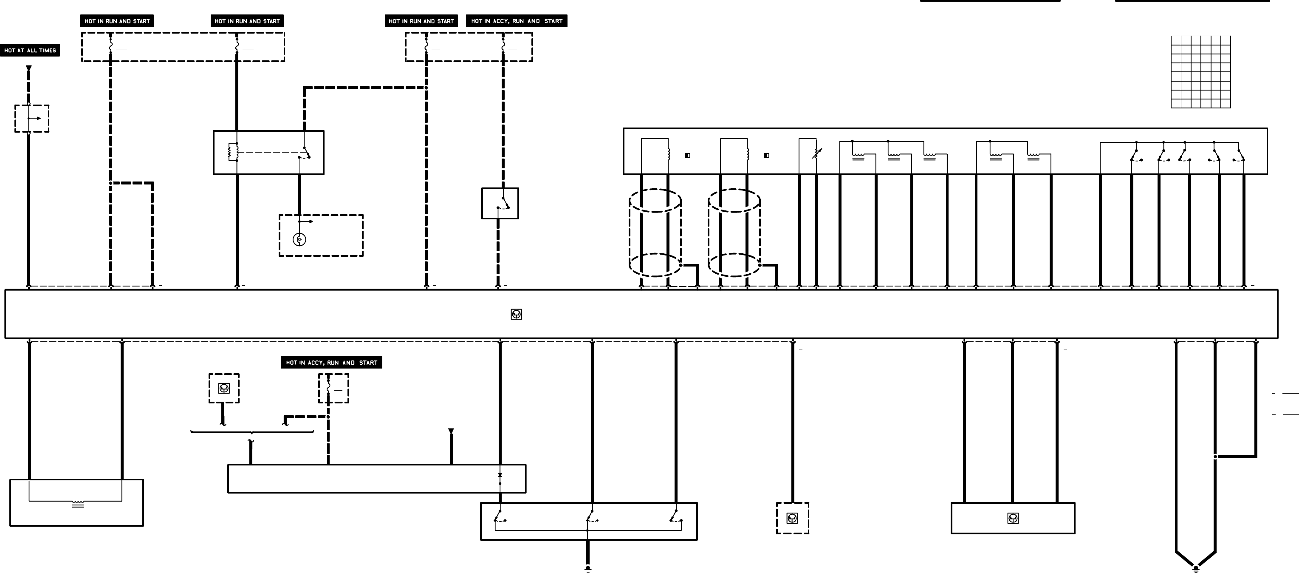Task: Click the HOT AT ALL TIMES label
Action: point(30,51)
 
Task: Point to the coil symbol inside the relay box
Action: point(232,152)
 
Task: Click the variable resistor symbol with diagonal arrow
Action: point(816,153)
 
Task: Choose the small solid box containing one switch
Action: point(500,203)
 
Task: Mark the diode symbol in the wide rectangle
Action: point(500,475)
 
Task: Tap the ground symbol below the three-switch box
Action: point(587,568)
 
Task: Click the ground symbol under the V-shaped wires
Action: point(1195,568)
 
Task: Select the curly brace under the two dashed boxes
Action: point(251,433)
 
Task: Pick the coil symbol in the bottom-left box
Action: point(78,504)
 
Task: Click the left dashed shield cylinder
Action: point(655,233)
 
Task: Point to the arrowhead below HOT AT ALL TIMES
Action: point(29,68)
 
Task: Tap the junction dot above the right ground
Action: point(1215,457)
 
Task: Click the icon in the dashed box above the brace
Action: point(224,388)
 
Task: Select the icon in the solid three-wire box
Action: point(1013,518)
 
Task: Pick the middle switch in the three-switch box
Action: point(591,516)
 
